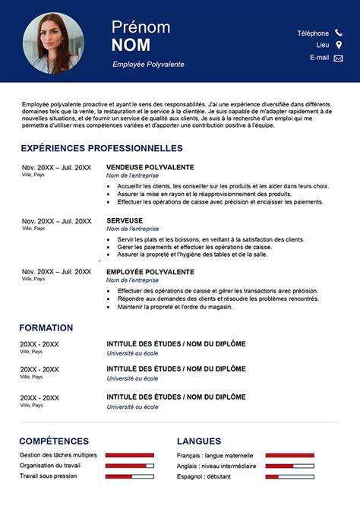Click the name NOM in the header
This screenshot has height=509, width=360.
pos(131,45)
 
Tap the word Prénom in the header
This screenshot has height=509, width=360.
pos(141,27)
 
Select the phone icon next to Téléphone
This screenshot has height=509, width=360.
pos(339,33)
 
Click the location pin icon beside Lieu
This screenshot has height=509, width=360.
pos(339,45)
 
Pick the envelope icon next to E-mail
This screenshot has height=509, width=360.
pos(339,58)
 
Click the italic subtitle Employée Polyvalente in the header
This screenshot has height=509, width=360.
pos(148,65)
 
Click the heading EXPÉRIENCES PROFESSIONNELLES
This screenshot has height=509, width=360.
pos(102,148)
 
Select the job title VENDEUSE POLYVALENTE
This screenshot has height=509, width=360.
pos(150,167)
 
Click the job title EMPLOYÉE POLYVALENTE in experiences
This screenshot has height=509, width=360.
pos(150,271)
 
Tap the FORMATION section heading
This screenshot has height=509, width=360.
pos(46,327)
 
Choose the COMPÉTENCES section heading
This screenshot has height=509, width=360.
pos(54,441)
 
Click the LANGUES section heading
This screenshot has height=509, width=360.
pos(199,441)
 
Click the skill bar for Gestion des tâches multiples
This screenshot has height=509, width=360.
pos(129,455)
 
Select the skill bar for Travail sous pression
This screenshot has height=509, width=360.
pos(129,476)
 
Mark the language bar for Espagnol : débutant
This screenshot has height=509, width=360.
pos(289,476)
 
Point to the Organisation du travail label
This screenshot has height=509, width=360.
pos(50,466)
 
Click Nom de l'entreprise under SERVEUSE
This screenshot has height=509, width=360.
pos(133,229)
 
